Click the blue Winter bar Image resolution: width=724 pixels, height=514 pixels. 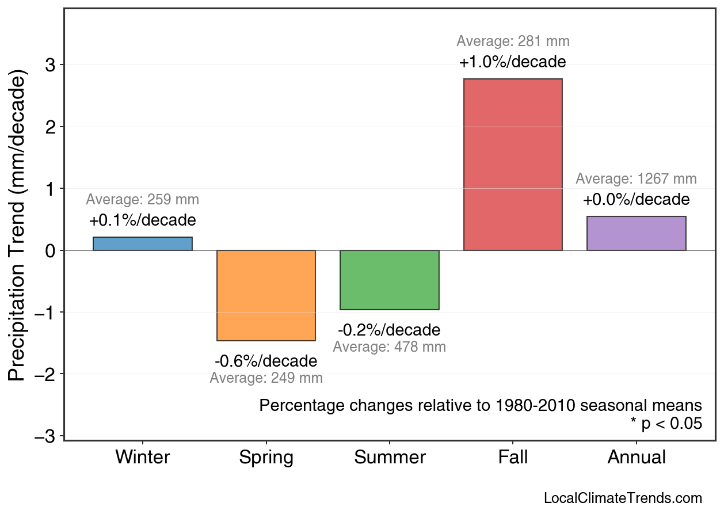click(143, 243)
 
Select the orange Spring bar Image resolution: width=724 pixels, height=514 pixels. click(266, 295)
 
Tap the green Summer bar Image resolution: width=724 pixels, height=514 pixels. click(390, 280)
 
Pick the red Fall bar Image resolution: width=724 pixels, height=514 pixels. click(513, 165)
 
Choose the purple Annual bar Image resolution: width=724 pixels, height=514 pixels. click(636, 233)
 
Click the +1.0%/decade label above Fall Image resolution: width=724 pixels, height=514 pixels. click(513, 62)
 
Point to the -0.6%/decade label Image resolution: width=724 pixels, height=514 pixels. click(266, 361)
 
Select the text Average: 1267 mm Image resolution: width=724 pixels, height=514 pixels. click(636, 179)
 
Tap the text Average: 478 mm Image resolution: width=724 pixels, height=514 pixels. click(390, 347)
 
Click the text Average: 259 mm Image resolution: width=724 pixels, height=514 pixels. click(143, 200)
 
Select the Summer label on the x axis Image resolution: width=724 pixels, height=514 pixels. click(390, 458)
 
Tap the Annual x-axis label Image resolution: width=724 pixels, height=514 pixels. click(636, 458)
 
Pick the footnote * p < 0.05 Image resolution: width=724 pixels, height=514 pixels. click(666, 424)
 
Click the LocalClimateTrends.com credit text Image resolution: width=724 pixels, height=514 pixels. click(623, 498)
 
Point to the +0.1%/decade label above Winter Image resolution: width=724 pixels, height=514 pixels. click(143, 220)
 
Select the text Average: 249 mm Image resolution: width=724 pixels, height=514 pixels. click(266, 379)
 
